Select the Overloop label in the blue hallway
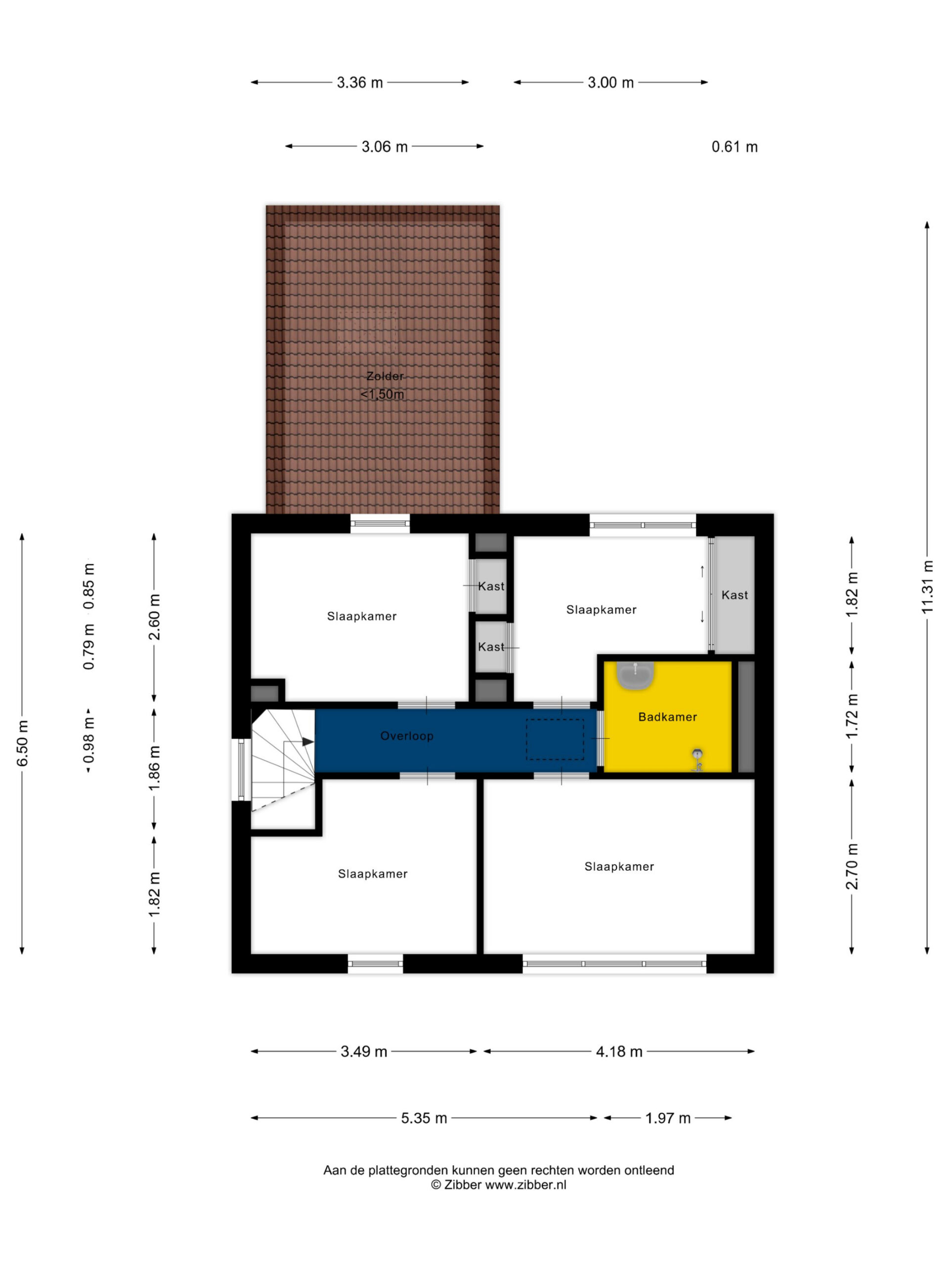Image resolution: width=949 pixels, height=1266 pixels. click(x=407, y=736)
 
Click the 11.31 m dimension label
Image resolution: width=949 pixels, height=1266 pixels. click(x=927, y=587)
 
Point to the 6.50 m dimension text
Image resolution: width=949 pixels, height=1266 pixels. click(x=22, y=743)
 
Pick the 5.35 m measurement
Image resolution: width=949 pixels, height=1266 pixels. click(x=424, y=1118)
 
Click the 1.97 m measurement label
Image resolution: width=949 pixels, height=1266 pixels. click(x=668, y=1118)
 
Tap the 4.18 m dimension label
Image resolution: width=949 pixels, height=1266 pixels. click(x=619, y=1052)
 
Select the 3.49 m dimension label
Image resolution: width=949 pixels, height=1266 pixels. click(x=364, y=1052)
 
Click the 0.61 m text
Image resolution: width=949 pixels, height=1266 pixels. click(x=734, y=147)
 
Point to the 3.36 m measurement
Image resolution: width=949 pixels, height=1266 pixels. click(x=360, y=83)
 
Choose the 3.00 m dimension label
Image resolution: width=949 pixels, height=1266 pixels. click(x=611, y=83)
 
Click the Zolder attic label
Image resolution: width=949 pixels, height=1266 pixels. click(x=385, y=376)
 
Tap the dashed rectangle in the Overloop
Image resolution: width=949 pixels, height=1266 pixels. click(x=555, y=739)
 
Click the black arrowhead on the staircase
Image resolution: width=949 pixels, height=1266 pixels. click(x=308, y=742)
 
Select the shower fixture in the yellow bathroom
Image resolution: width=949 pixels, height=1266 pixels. click(x=697, y=760)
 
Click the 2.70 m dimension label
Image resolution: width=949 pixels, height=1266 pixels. click(x=852, y=866)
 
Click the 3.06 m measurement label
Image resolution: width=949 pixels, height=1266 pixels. click(x=385, y=147)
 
